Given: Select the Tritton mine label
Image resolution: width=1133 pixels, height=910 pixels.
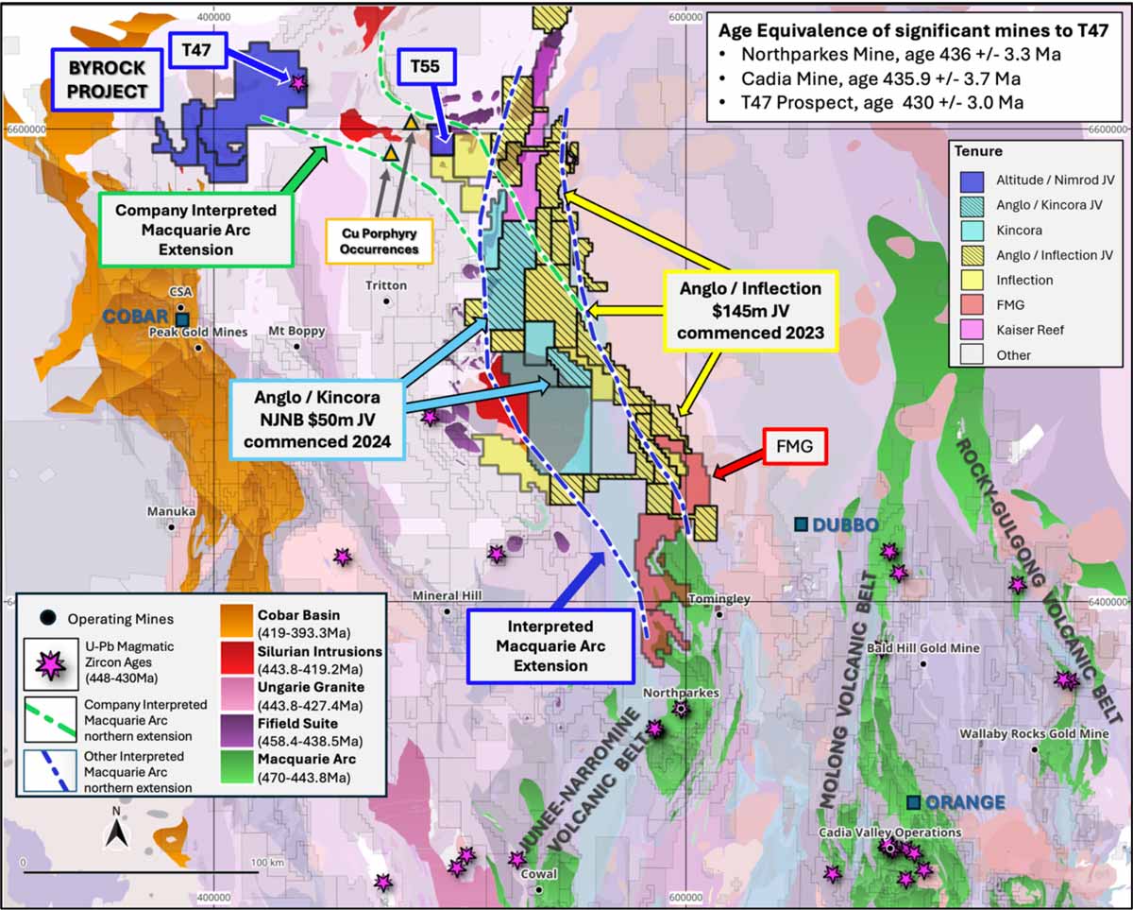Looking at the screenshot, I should pos(387,285).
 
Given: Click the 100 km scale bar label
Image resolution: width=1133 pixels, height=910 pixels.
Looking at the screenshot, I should pos(262,862).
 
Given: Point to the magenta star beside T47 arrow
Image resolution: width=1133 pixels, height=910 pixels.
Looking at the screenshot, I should pos(298,83).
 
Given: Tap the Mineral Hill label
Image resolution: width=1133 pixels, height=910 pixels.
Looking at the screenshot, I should pos(447,595).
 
